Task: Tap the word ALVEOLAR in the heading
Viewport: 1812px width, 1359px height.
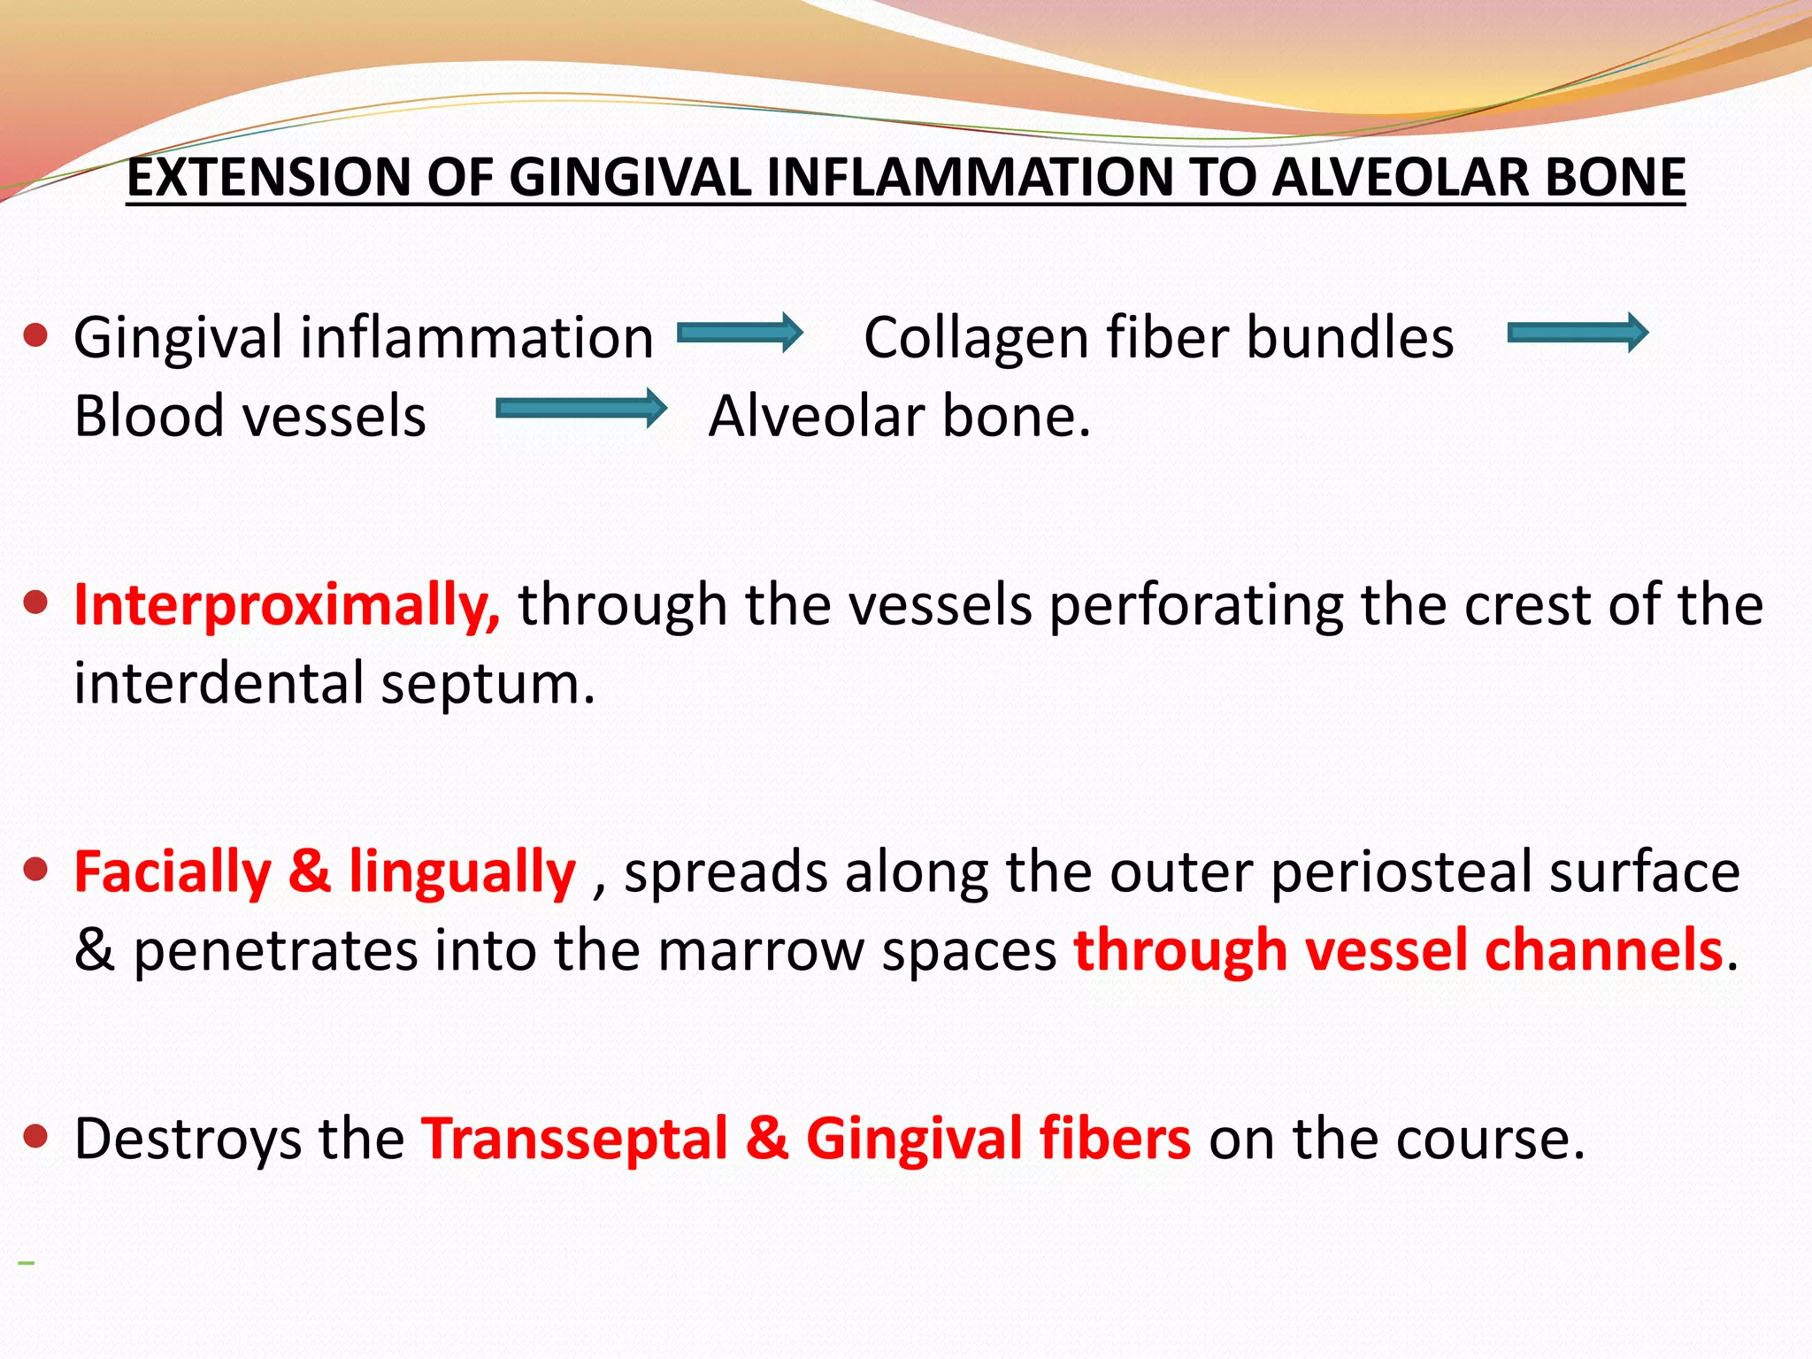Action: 1401,177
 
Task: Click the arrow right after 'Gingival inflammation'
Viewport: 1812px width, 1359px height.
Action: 740,334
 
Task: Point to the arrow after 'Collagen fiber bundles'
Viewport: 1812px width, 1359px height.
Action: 1577,334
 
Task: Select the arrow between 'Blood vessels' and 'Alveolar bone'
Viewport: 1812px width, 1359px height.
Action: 580,408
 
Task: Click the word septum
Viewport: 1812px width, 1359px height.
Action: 488,685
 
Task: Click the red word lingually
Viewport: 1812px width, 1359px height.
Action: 462,873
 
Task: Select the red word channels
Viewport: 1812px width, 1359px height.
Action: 1603,951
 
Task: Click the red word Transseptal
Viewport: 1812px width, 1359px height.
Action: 574,1139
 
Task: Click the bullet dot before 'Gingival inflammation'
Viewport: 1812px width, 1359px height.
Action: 35,336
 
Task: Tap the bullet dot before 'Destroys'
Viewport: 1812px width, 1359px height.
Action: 35,1136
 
